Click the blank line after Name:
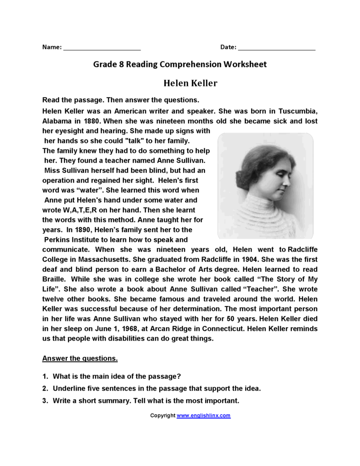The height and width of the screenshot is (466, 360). [102, 48]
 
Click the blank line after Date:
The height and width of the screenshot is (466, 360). [276, 48]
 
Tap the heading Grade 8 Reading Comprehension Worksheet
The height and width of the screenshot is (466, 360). [180, 64]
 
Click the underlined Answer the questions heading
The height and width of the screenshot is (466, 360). [80, 358]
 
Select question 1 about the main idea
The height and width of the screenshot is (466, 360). [117, 376]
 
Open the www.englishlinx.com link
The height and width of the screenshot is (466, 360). [204, 416]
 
